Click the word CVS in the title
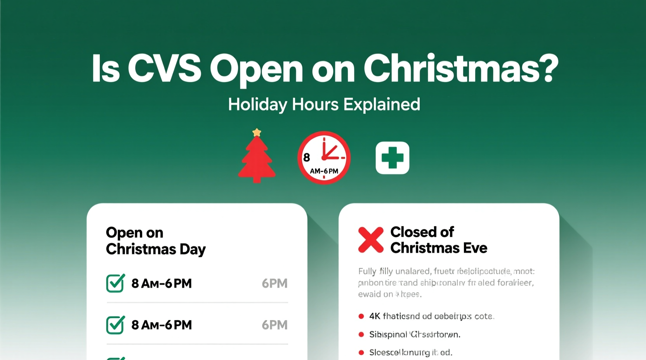tap(165, 69)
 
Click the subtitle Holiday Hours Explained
tap(324, 104)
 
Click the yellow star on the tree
tap(257, 133)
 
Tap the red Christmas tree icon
tap(257, 159)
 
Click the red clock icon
tap(324, 157)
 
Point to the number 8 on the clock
tap(307, 157)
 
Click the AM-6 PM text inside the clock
tap(324, 171)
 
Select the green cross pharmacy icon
tap(392, 158)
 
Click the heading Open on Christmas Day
tap(155, 241)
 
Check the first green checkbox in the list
tap(115, 283)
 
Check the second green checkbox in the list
tap(115, 325)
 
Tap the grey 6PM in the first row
tap(274, 284)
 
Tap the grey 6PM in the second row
tap(274, 325)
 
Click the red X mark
tap(371, 240)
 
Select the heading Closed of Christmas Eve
tap(438, 240)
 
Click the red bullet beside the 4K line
tap(361, 316)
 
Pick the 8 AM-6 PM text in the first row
tap(161, 284)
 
